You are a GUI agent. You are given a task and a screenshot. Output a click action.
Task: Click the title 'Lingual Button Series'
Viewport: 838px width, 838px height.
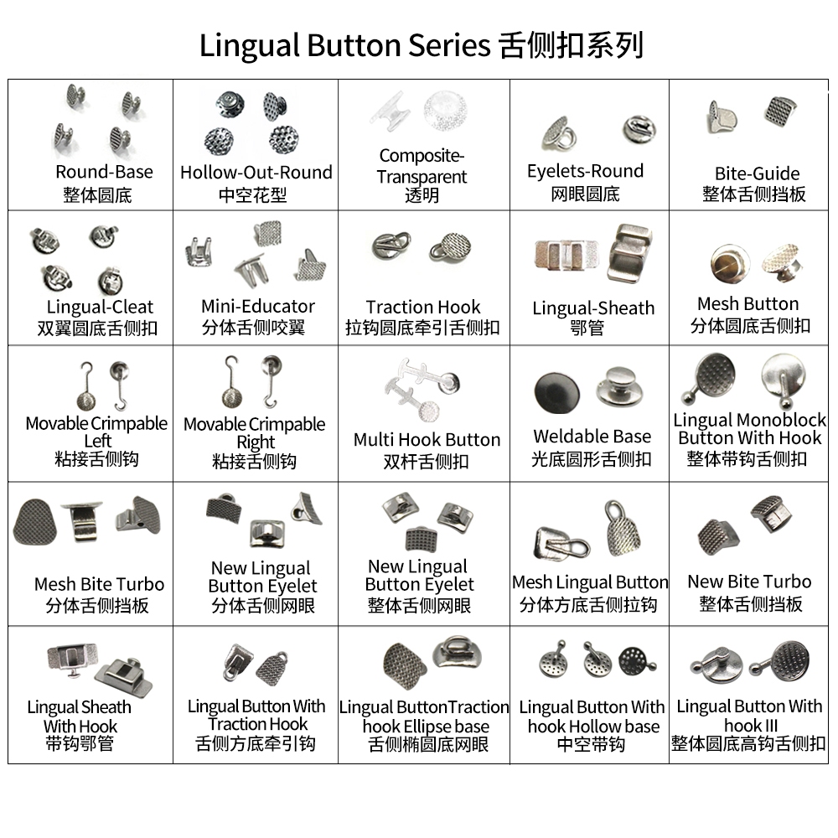click(344, 45)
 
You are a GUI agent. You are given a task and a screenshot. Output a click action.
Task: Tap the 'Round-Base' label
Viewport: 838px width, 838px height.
click(104, 172)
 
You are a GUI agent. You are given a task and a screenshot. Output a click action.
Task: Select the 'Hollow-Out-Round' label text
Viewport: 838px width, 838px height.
click(256, 173)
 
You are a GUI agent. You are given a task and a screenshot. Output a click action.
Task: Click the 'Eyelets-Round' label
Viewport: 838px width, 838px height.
click(585, 171)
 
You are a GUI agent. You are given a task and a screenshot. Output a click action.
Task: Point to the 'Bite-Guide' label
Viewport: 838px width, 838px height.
click(758, 173)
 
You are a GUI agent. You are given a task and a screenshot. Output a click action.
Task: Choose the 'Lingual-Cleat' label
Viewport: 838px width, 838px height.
click(100, 308)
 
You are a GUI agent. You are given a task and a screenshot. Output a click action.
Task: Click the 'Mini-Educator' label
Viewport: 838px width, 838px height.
click(257, 307)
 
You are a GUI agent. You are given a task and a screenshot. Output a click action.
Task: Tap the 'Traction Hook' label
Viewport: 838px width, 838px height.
click(423, 308)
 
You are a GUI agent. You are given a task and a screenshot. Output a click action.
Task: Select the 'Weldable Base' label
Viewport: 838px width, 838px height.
click(592, 437)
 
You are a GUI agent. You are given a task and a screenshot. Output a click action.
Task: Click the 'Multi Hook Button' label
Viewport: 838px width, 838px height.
click(427, 440)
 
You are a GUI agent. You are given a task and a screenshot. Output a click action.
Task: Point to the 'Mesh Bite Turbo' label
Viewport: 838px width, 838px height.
click(100, 584)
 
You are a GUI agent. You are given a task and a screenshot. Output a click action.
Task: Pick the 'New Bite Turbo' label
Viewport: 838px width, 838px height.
click(749, 582)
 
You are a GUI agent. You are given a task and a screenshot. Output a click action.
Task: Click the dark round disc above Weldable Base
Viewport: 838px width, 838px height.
click(557, 393)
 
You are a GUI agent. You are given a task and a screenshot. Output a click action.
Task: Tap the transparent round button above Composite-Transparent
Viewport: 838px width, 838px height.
click(446, 111)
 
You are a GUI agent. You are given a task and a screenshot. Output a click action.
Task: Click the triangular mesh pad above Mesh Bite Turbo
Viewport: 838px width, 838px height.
click(34, 522)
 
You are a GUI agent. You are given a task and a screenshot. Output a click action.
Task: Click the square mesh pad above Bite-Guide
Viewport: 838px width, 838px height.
click(779, 111)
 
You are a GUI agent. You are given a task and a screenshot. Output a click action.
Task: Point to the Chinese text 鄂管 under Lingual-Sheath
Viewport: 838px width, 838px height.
click(587, 328)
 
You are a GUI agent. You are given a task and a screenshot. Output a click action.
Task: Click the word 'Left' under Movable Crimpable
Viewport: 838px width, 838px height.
click(98, 442)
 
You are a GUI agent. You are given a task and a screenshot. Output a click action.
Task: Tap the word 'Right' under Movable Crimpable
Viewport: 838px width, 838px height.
click(256, 443)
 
